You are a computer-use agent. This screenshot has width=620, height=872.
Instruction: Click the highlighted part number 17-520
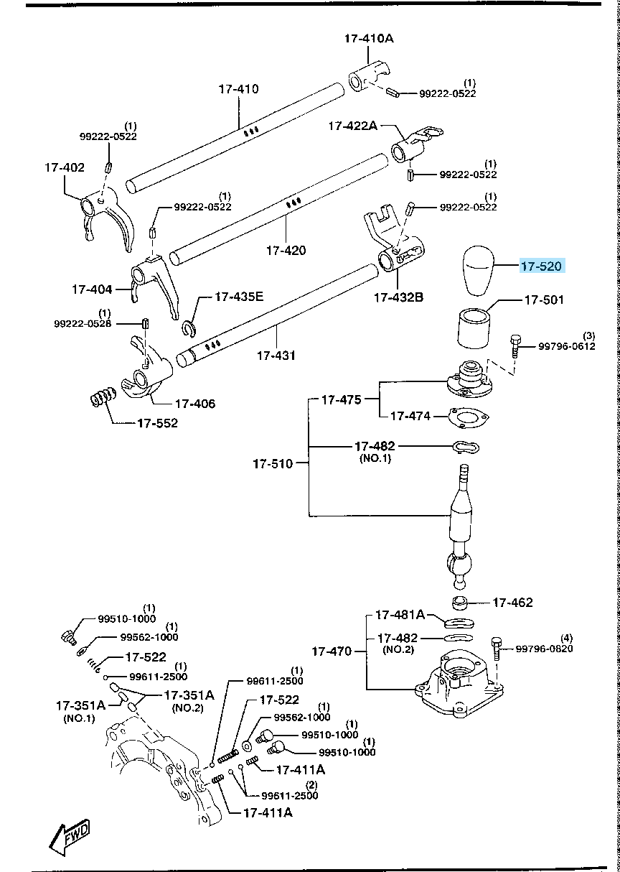(x=541, y=266)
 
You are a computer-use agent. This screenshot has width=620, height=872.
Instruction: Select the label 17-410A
(x=368, y=38)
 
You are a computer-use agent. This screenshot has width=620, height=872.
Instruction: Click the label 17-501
(x=544, y=300)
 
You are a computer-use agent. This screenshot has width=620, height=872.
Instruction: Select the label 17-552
(x=157, y=423)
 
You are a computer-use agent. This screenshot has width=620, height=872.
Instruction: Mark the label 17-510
(x=273, y=464)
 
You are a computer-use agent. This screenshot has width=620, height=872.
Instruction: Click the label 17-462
(x=512, y=603)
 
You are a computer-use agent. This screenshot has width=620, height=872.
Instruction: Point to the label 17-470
(x=332, y=651)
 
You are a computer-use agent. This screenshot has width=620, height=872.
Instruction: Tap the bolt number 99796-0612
(x=568, y=346)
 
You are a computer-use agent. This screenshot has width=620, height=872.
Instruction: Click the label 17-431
(x=277, y=355)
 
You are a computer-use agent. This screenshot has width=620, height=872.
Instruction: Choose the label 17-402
(x=64, y=167)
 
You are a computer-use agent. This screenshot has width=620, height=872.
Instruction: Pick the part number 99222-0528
(x=83, y=324)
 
